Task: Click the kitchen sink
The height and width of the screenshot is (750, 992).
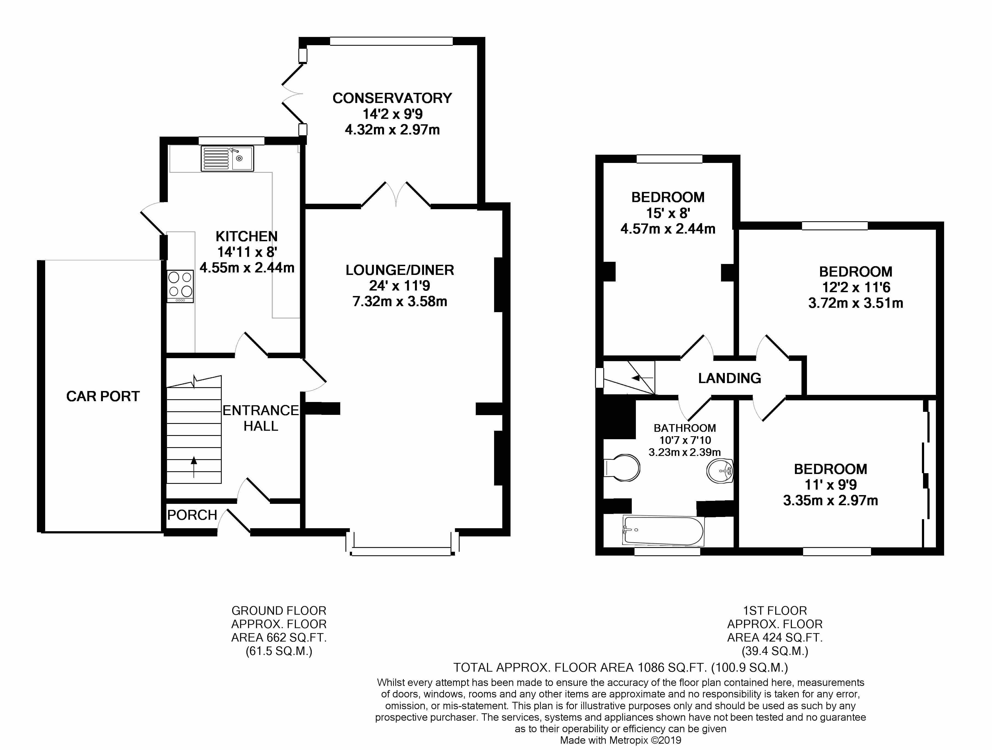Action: [x=227, y=158]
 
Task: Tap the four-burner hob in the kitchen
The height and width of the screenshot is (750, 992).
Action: [x=180, y=286]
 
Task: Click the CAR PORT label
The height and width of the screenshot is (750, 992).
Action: [x=103, y=396]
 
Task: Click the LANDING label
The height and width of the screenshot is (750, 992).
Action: [x=730, y=378]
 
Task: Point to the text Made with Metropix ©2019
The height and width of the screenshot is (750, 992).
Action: [x=621, y=740]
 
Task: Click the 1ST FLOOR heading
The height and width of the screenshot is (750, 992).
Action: [x=775, y=611]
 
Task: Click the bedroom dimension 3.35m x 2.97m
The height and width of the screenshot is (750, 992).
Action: [x=830, y=500]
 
